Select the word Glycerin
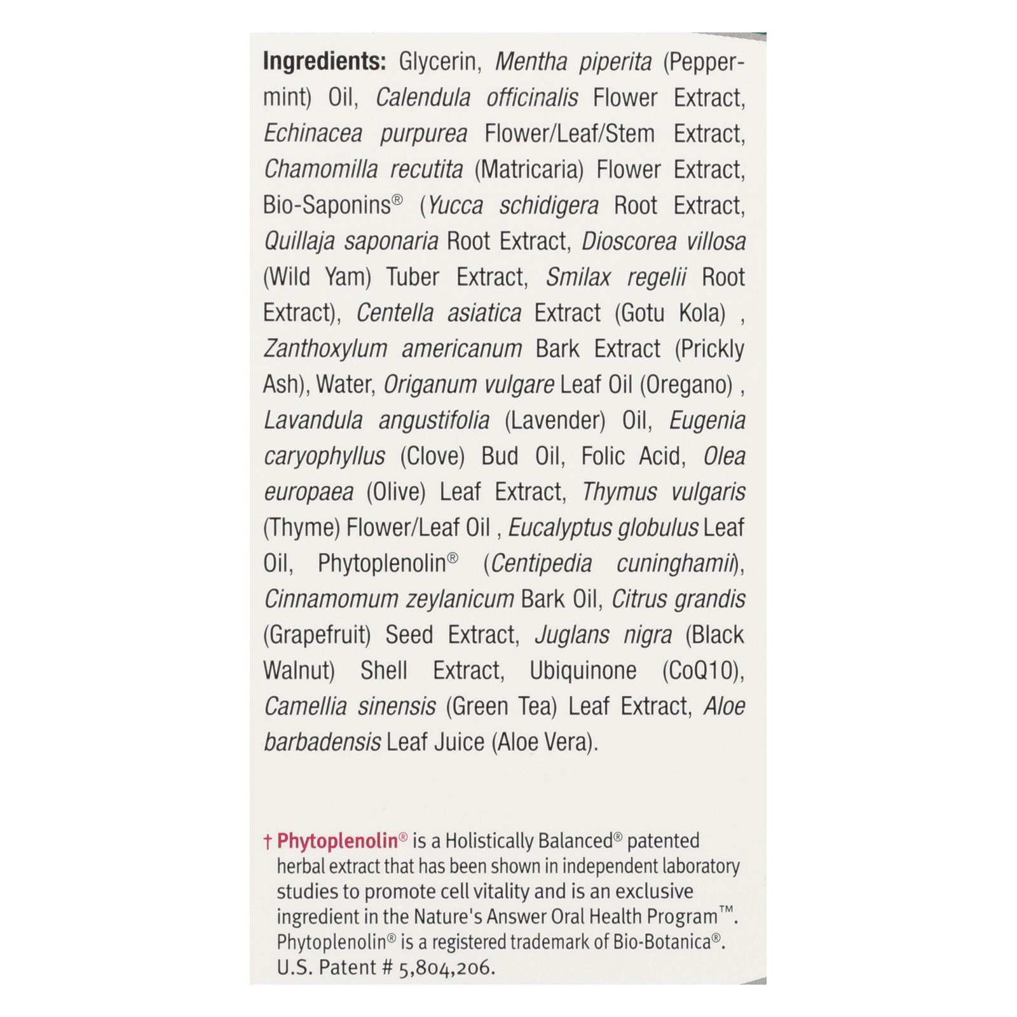[437, 62]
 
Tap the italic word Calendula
[423, 98]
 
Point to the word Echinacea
[313, 134]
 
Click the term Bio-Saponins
[327, 205]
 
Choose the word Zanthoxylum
[325, 349]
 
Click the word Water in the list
[343, 385]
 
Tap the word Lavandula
[313, 420]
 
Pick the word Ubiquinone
[583, 671]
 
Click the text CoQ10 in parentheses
[701, 671]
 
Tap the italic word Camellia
[304, 706]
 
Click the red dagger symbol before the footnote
[268, 842]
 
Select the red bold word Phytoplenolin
[338, 841]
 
